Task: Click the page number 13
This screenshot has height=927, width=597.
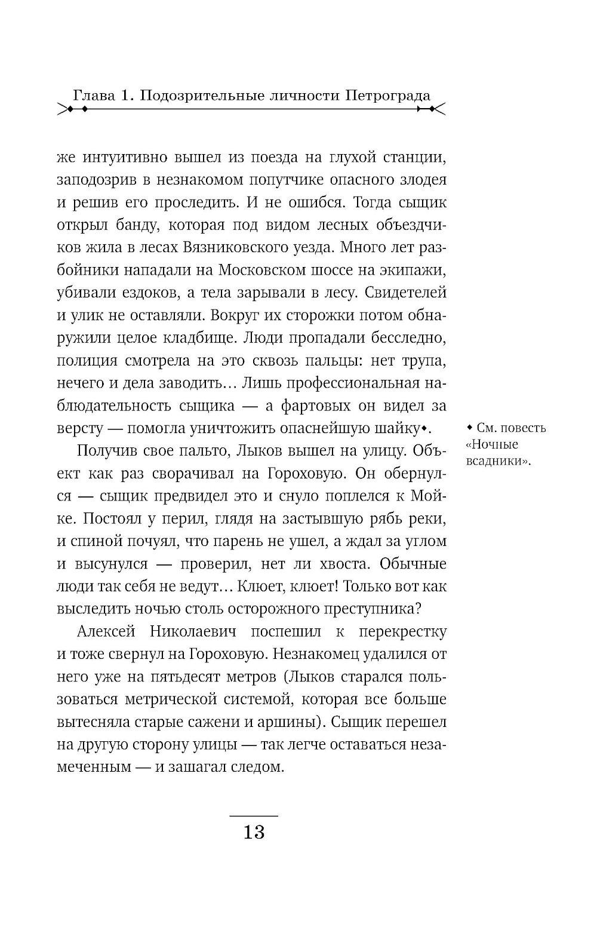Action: [x=254, y=831]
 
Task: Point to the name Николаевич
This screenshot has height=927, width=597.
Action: [x=201, y=631]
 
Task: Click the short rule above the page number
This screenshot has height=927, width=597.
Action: [x=254, y=815]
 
